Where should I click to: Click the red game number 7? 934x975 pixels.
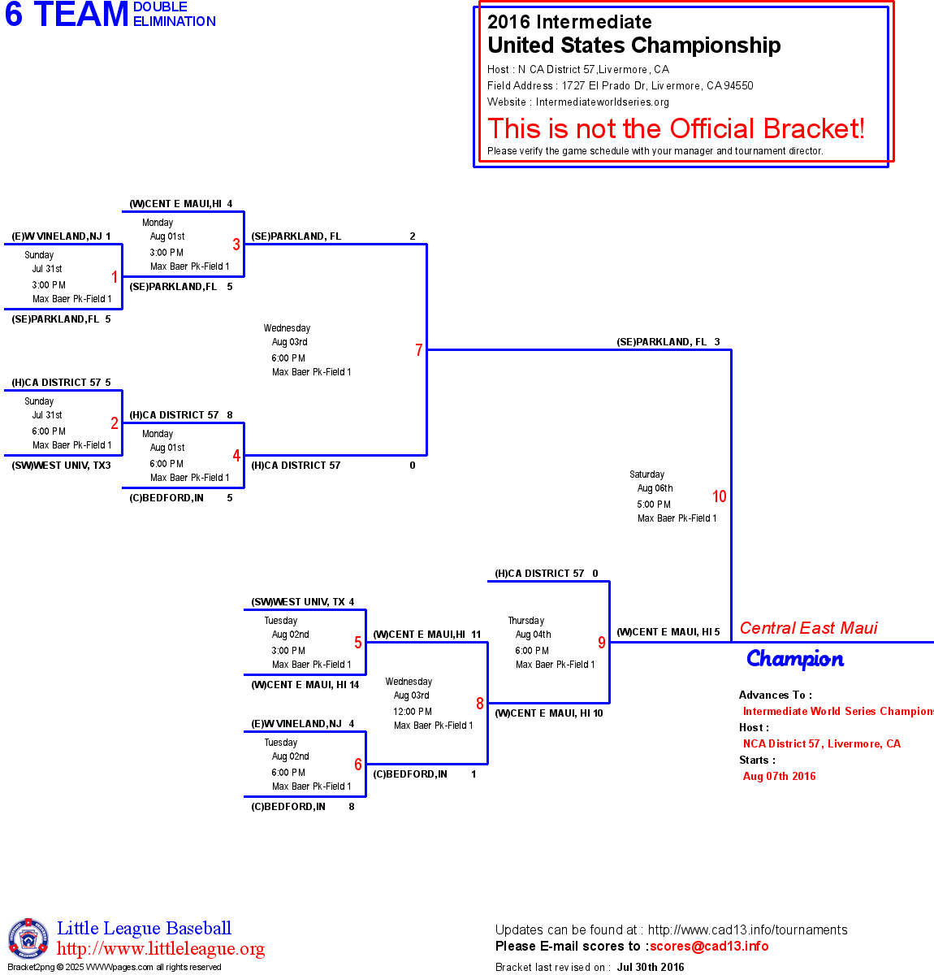pyautogui.click(x=419, y=350)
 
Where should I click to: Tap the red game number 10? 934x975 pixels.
pyautogui.click(x=720, y=496)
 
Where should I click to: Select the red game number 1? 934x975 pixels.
pyautogui.click(x=115, y=277)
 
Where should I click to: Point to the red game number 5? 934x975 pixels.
pyautogui.click(x=358, y=643)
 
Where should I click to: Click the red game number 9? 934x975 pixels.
pyautogui.click(x=602, y=643)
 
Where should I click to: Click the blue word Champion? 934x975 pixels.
pyautogui.click(x=795, y=659)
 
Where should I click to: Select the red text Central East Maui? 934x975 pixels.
pyautogui.click(x=808, y=628)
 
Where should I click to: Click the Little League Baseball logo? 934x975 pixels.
pyautogui.click(x=28, y=938)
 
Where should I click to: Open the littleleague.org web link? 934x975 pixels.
pyautogui.click(x=161, y=949)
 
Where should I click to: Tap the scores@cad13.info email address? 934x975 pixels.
pyautogui.click(x=709, y=946)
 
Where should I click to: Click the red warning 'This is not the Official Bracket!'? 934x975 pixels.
pyautogui.click(x=676, y=128)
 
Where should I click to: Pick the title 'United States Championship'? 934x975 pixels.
pyautogui.click(x=633, y=45)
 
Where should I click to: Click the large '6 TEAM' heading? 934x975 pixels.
pyautogui.click(x=67, y=15)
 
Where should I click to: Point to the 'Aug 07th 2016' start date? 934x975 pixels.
pyautogui.click(x=779, y=776)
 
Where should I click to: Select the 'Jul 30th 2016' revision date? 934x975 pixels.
pyautogui.click(x=651, y=967)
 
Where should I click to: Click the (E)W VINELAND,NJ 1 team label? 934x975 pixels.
pyautogui.click(x=61, y=236)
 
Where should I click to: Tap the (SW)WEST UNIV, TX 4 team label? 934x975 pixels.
pyautogui.click(x=302, y=602)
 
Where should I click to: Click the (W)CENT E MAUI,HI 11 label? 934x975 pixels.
pyautogui.click(x=426, y=635)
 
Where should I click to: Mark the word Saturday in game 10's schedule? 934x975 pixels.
pyautogui.click(x=646, y=474)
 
